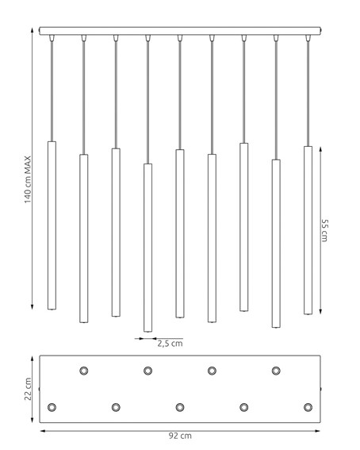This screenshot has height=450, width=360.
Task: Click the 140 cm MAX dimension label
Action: click(28, 179)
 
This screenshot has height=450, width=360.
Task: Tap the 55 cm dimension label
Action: click(324, 230)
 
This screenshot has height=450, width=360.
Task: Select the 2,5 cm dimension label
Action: click(170, 344)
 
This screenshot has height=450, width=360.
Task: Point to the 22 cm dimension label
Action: click(28, 389)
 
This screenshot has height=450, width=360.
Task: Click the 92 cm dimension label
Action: click(180, 436)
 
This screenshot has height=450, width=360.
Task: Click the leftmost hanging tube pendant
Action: click(52, 225)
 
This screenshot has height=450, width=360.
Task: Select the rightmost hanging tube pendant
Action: click(308, 230)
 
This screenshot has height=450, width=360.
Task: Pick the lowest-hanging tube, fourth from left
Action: click(148, 248)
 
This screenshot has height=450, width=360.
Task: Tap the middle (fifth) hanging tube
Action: click(180, 233)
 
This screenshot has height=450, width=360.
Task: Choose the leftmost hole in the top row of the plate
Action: click(84, 371)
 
